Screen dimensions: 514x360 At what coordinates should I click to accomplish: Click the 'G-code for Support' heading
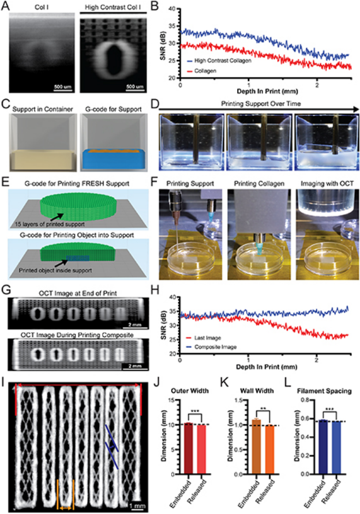[x=111, y=107]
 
